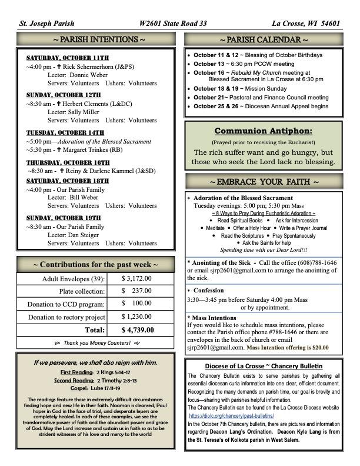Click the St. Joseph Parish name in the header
[x=47, y=24]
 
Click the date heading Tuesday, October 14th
[x=65, y=132]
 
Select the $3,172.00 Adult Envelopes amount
[x=136, y=278]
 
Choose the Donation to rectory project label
[x=66, y=317]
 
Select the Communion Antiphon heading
[x=263, y=131]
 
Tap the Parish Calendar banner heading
[x=263, y=40]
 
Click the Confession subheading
[x=208, y=291]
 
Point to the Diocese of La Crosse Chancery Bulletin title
[x=263, y=366]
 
